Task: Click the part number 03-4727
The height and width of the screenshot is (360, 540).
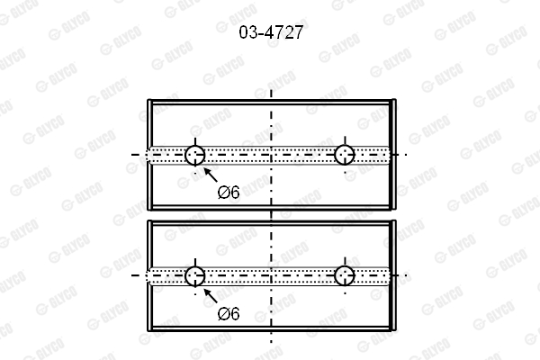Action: (x=271, y=32)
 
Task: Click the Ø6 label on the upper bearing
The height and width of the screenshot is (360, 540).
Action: (x=229, y=193)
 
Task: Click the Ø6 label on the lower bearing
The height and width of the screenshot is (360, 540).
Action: (x=229, y=314)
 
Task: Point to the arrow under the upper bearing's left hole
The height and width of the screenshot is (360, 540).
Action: (x=211, y=175)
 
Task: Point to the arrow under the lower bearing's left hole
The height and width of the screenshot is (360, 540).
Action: (x=211, y=295)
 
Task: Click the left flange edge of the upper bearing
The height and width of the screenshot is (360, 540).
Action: (x=149, y=155)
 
